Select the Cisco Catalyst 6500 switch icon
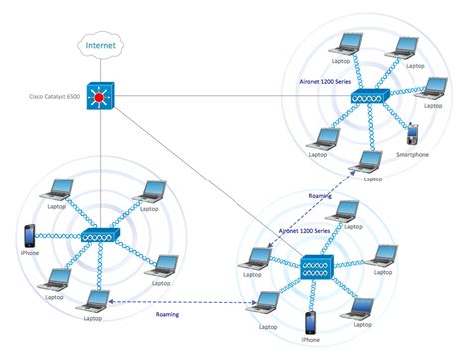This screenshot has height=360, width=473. (101, 96)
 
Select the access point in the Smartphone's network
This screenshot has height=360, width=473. (366, 98)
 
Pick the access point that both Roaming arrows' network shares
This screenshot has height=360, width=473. (315, 265)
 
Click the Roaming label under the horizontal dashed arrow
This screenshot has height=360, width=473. (168, 315)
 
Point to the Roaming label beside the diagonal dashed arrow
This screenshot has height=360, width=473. (320, 197)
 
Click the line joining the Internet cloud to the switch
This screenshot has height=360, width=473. (101, 69)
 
